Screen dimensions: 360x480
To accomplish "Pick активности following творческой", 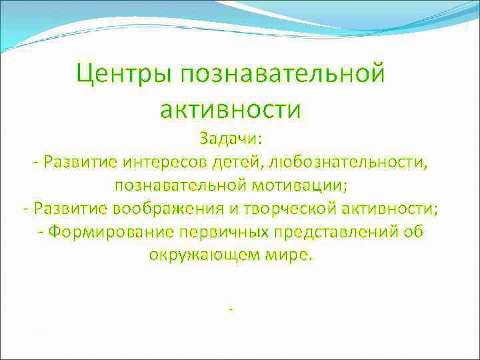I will [390, 208].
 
